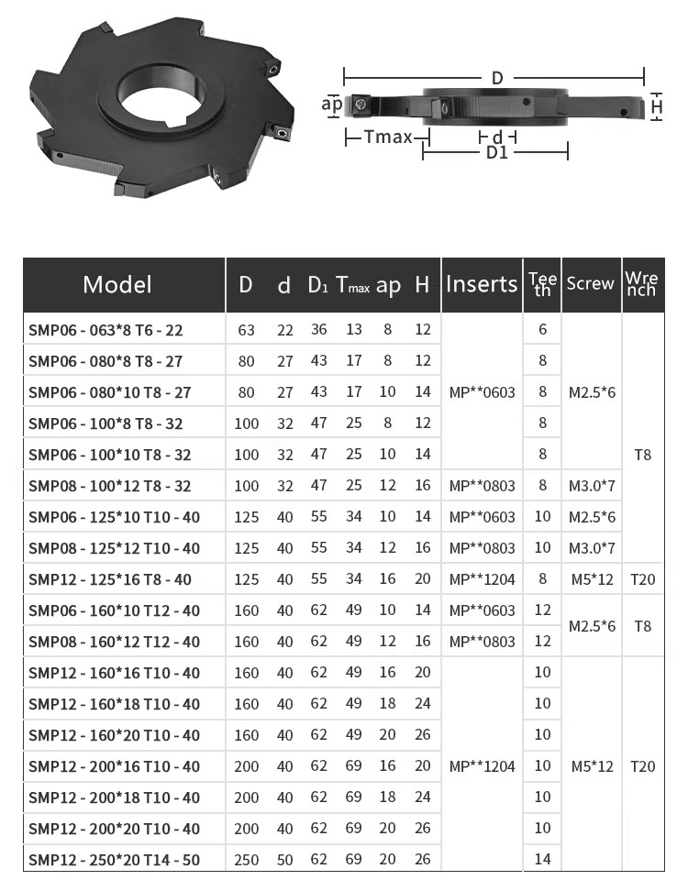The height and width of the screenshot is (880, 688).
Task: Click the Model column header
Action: (x=117, y=284)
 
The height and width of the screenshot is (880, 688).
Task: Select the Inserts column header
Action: (x=482, y=284)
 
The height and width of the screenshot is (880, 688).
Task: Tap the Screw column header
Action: (x=590, y=283)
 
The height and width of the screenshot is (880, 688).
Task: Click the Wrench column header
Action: (x=641, y=284)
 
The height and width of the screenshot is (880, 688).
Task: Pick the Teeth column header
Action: (x=542, y=284)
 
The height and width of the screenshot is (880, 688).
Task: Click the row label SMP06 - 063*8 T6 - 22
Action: (x=105, y=330)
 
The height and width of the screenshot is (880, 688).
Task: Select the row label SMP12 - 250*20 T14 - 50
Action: (x=114, y=860)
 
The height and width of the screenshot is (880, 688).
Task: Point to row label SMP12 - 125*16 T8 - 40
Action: (x=110, y=579)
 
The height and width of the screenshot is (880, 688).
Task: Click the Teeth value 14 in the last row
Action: (x=542, y=859)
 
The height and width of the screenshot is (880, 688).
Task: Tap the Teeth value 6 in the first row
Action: (x=542, y=329)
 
